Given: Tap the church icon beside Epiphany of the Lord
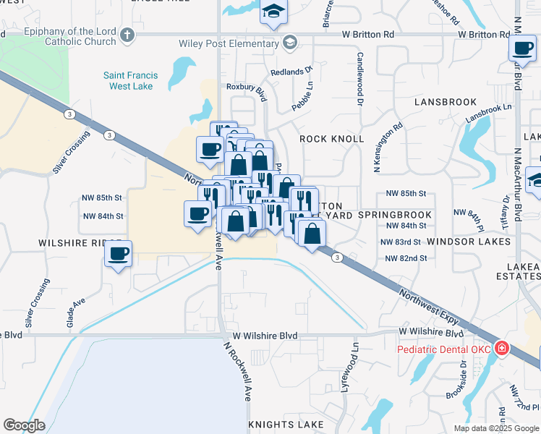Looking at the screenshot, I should pyautogui.click(x=127, y=34).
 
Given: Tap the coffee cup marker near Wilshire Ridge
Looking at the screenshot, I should pyautogui.click(x=118, y=254).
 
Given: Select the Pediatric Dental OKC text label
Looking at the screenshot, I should pyautogui.click(x=444, y=350).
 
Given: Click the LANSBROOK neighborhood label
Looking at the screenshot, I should pyautogui.click(x=446, y=102).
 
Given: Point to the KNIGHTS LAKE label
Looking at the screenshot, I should pyautogui.click(x=284, y=424).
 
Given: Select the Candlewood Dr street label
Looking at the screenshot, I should pyautogui.click(x=359, y=80).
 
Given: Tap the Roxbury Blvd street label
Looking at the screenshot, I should pyautogui.click(x=247, y=87).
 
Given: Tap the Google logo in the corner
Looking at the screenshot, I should pyautogui.click(x=24, y=425).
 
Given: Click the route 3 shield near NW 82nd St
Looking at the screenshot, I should pyautogui.click(x=337, y=257).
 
